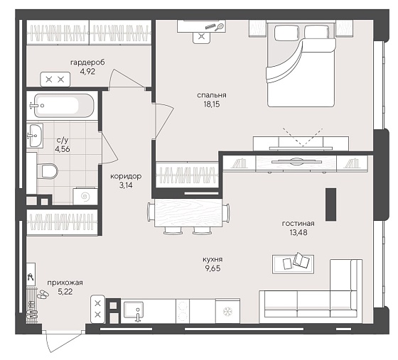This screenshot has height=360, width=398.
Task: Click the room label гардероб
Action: [87, 62]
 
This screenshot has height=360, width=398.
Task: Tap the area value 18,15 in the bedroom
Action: [212, 104]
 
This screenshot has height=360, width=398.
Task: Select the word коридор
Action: [126, 176]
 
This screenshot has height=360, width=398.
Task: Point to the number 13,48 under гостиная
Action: [298, 232]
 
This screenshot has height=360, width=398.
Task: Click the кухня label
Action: [213, 259]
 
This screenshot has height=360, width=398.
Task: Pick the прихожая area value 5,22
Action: [65, 292]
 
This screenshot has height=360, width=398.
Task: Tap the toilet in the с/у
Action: [48, 171]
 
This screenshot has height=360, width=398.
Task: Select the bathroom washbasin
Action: [35, 136]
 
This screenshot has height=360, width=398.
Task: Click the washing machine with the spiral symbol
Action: [85, 196]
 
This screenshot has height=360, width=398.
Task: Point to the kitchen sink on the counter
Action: [134, 311]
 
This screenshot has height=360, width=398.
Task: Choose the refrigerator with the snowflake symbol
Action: [227, 311]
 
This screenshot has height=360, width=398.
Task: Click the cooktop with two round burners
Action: [183, 311]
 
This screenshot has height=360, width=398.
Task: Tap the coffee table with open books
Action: [293, 264]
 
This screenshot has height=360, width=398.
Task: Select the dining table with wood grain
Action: [188, 213]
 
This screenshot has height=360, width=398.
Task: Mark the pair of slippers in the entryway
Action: [43, 294]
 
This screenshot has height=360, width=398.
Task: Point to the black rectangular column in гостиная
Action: [331, 204]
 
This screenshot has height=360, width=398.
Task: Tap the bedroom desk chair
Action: [202, 37]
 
